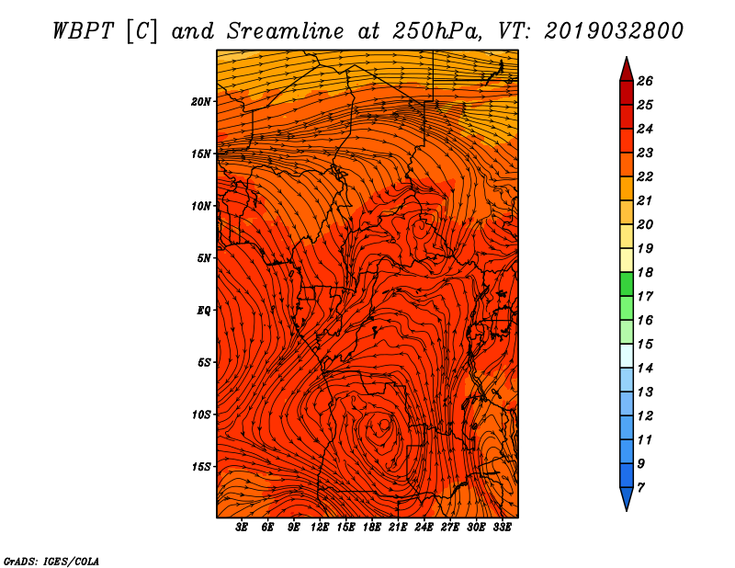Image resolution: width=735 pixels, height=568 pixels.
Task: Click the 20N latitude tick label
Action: point(201,102)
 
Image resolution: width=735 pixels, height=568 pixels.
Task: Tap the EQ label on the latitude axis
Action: point(203,311)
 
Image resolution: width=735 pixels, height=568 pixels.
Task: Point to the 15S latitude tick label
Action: point(201,467)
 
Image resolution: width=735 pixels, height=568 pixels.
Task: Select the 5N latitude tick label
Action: point(204,258)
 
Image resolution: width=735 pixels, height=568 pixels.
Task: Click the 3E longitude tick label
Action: point(242,528)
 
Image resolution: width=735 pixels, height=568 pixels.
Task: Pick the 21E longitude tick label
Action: point(398,528)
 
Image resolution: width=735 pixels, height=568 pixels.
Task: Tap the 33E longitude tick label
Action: point(502,528)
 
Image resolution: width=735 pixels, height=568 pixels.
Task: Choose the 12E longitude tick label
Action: point(319,528)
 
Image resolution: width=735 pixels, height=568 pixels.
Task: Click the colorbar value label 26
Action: point(645,81)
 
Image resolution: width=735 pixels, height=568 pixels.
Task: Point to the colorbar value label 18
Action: point(645,272)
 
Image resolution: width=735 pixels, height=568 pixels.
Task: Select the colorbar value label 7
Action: point(640,488)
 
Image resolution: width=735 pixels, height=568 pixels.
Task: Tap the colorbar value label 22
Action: point(645,176)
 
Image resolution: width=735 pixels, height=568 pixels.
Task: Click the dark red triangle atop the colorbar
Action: point(627,71)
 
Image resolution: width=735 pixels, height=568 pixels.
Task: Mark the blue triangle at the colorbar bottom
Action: point(627,497)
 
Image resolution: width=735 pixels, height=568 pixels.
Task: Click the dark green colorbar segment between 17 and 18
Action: point(627,284)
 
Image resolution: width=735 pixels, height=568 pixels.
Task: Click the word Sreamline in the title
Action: point(286,31)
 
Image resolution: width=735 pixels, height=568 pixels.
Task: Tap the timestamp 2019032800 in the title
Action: point(614,31)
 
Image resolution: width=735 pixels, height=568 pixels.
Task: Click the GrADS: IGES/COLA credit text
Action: point(51,562)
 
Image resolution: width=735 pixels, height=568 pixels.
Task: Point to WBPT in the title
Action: point(84,31)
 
